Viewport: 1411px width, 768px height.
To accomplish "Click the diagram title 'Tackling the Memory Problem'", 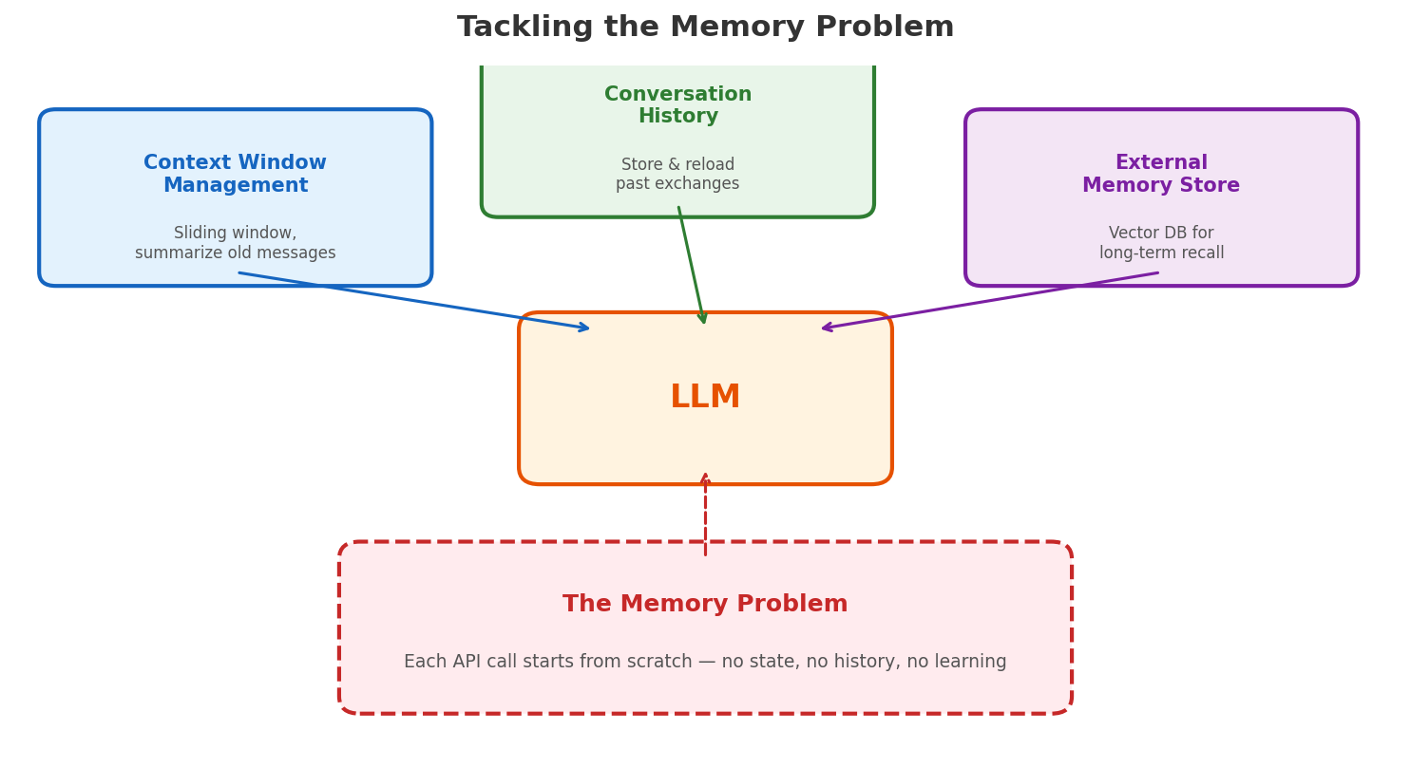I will click(x=705, y=28).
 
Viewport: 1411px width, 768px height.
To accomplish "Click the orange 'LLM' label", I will click(x=705, y=397).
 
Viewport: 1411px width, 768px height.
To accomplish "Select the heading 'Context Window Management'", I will click(x=235, y=174).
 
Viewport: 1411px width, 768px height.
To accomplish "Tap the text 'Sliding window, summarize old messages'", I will click(x=235, y=243).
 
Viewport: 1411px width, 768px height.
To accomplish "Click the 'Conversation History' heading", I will click(x=677, y=105).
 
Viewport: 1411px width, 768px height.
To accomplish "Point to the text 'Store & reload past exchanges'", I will click(x=677, y=175).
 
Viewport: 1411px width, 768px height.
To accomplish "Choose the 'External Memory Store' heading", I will click(x=1160, y=174).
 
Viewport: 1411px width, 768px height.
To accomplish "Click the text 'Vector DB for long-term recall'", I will click(x=1160, y=243).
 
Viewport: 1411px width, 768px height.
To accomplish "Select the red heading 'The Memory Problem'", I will click(x=705, y=604).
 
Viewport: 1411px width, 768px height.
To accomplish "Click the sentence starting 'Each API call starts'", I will click(x=705, y=662).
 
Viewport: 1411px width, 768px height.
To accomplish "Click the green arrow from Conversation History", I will click(x=691, y=265).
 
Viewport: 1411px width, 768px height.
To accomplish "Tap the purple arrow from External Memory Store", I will click(x=988, y=301).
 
